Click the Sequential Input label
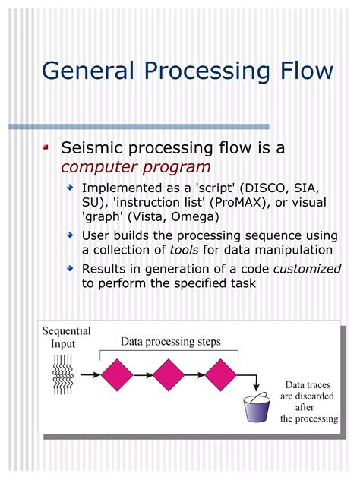pyautogui.click(x=66, y=337)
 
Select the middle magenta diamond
pyautogui.click(x=169, y=374)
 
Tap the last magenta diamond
pyautogui.click(x=220, y=374)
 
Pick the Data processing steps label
pyautogui.click(x=171, y=342)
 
